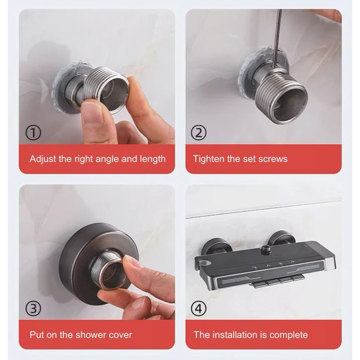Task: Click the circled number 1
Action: point(33,132)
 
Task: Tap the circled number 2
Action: point(199,132)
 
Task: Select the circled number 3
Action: point(33,308)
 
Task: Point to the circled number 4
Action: point(199,308)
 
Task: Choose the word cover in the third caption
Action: point(120,335)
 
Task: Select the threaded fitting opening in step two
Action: point(289,101)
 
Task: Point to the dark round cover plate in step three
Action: point(99,263)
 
